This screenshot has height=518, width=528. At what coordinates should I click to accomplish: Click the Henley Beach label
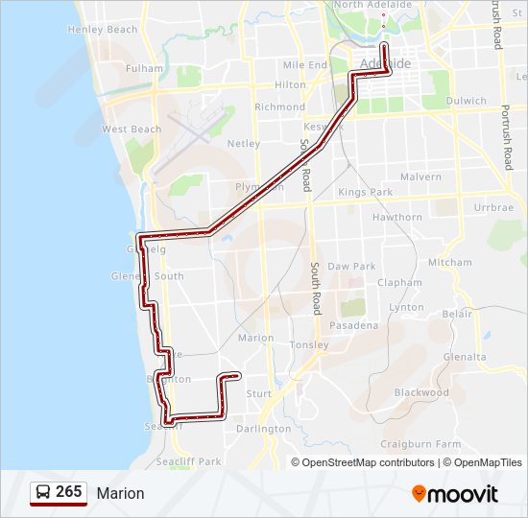tap(103, 30)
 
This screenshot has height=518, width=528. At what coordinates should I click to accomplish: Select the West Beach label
tap(132, 129)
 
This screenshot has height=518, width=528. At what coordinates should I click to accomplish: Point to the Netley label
tap(243, 144)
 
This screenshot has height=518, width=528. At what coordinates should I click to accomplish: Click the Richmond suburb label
tap(279, 107)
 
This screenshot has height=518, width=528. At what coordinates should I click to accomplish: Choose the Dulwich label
tap(467, 100)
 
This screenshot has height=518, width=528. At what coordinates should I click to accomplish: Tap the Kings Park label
tap(366, 193)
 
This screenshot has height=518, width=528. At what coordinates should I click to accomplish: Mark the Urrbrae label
tap(493, 207)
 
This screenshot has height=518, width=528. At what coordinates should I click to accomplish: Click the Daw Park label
tap(351, 267)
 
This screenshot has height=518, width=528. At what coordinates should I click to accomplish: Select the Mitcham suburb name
tap(450, 263)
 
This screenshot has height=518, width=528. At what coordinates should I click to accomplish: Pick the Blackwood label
tap(421, 392)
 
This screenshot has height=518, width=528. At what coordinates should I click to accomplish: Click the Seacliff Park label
tap(196, 461)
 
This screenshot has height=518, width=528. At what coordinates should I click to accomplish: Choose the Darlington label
tap(263, 429)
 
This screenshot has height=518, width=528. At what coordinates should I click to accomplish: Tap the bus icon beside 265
tap(43, 493)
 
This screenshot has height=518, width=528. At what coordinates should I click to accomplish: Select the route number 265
tap(69, 492)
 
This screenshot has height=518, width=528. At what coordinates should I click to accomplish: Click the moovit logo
tap(455, 494)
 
